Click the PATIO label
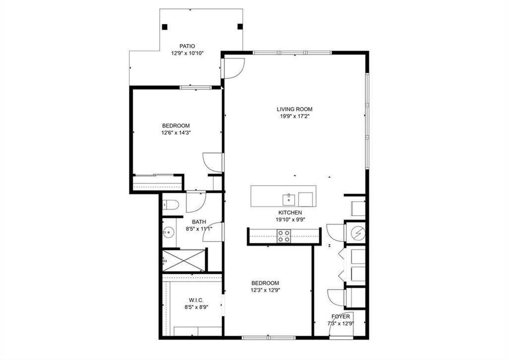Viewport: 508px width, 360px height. click(187, 46)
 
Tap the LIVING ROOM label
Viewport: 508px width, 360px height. click(295, 110)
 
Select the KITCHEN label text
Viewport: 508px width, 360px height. click(290, 213)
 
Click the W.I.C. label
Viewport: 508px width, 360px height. click(196, 300)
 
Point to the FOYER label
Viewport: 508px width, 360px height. click(340, 316)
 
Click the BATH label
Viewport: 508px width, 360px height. click(199, 222)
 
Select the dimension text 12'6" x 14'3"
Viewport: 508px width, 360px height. click(176, 132)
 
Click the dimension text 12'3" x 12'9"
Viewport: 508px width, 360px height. click(265, 290)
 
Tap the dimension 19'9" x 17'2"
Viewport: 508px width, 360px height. click(295, 116)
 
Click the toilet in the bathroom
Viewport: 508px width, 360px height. click(170, 205)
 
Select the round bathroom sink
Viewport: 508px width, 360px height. click(169, 232)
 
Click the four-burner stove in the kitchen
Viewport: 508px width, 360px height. click(283, 237)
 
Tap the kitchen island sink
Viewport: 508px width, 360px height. click(288, 200)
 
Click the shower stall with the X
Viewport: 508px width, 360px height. click(184, 260)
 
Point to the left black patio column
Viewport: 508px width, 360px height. click(165, 27)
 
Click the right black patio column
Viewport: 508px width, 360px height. click(240, 26)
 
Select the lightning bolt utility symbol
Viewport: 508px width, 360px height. click(359, 233)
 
